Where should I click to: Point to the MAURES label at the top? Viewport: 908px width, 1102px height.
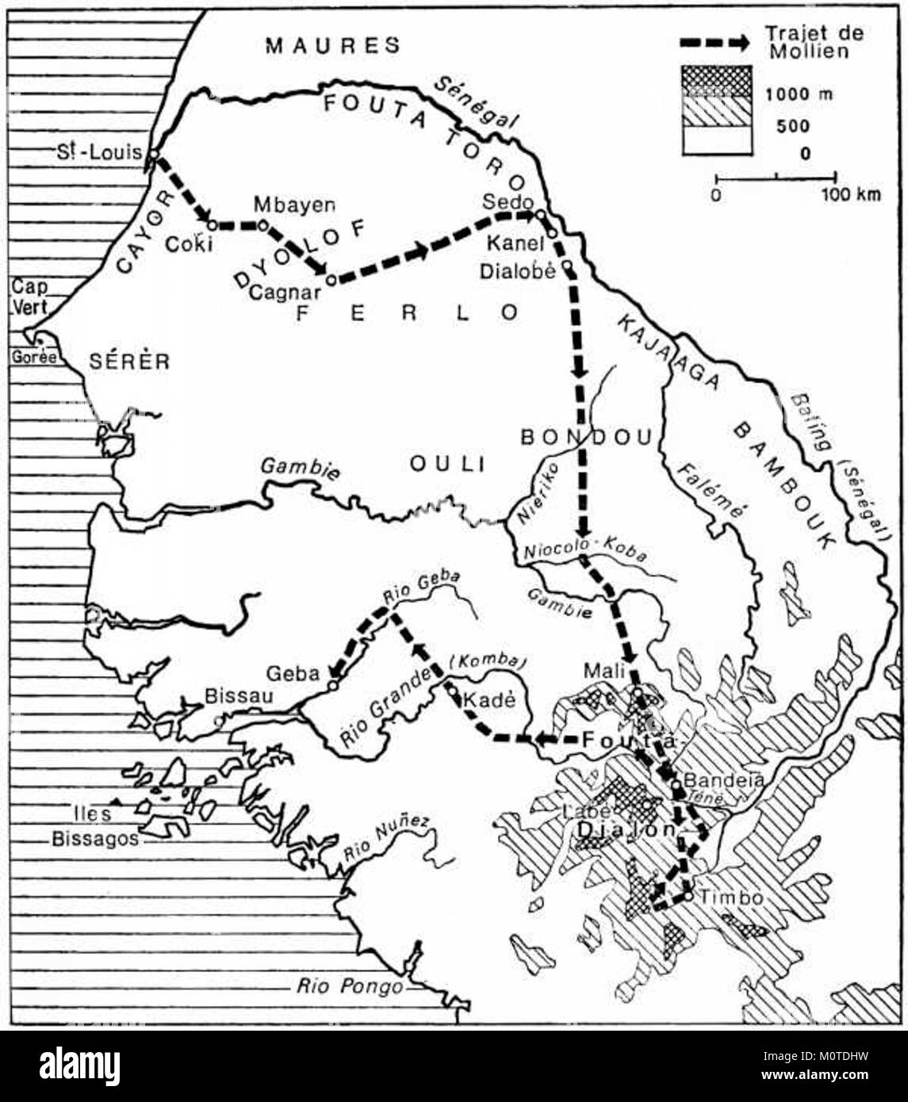(x=333, y=45)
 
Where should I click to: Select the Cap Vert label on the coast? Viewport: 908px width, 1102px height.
(x=29, y=297)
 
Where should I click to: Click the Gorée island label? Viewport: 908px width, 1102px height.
(x=34, y=358)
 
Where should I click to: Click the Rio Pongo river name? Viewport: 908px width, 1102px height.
(x=350, y=986)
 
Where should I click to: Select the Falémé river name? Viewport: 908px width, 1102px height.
(x=711, y=492)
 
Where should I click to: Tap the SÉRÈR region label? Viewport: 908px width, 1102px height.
(x=129, y=362)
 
